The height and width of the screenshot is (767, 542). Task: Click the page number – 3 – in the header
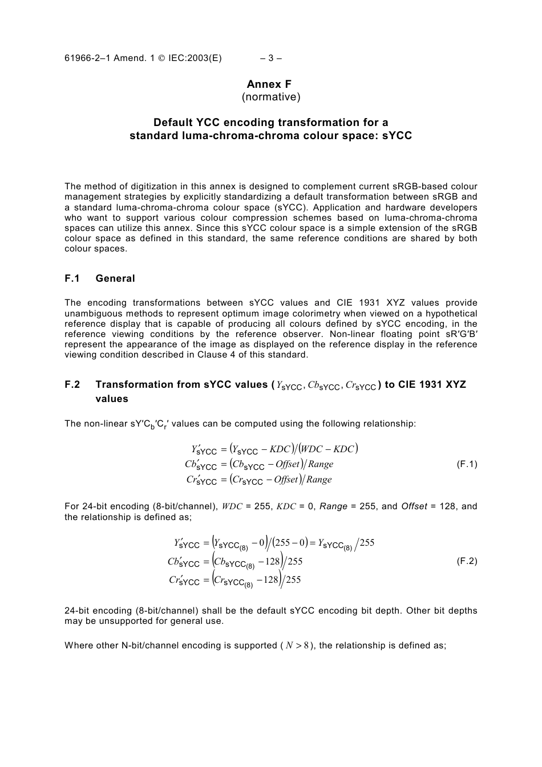270,58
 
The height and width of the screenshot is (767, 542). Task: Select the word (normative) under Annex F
270,97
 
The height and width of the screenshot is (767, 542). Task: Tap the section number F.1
72,278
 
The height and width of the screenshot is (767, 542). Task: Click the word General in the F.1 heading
115,278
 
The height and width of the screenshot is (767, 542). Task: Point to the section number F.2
72,384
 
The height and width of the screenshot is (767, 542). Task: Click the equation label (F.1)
467,464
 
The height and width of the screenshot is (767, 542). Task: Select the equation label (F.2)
467,561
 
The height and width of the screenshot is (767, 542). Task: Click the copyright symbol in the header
162,58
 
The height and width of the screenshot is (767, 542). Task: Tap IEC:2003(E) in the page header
195,58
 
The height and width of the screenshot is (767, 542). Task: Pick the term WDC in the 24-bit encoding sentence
232,506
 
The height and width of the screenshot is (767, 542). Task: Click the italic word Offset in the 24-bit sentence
414,506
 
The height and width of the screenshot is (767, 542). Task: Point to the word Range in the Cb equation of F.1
320,464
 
